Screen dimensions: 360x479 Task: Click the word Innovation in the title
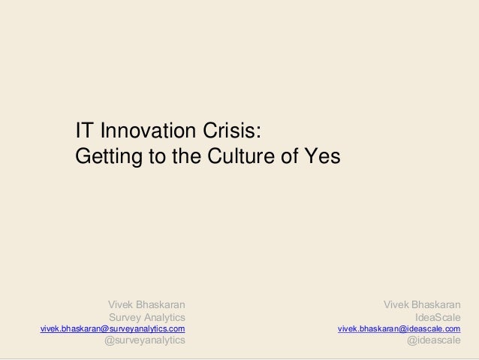coord(146,132)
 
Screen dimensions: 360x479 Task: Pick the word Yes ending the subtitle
coord(321,158)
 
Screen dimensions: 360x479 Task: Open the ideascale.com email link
coord(399,329)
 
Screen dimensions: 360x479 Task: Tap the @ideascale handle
coord(434,342)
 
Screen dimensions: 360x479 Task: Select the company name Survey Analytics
coord(147,317)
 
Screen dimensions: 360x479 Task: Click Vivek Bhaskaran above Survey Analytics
coord(146,304)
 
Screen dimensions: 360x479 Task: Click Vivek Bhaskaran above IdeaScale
coord(422,304)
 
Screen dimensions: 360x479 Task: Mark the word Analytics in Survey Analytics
coord(164,317)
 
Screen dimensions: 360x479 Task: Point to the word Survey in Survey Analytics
coord(125,317)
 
